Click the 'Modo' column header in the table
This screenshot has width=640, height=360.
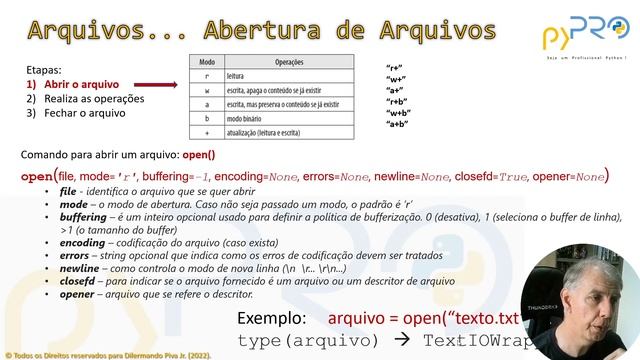207,62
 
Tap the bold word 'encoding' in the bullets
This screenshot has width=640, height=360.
82,243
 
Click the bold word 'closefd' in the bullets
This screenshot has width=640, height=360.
79,282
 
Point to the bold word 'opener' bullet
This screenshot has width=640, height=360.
79,295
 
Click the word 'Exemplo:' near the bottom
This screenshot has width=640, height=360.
272,319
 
